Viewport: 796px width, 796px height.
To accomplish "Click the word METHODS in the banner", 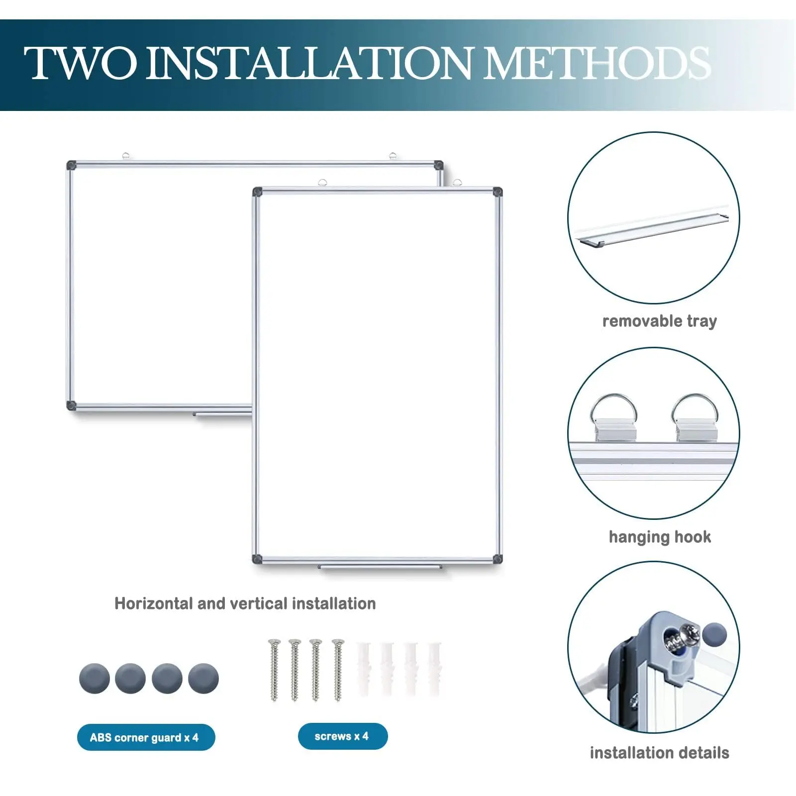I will point(597,63).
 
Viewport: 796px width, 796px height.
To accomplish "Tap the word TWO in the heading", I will point(80,63).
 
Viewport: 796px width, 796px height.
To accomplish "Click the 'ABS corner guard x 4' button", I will point(146,737).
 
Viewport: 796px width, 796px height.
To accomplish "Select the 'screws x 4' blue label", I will point(342,736).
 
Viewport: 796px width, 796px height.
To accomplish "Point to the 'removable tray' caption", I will point(659,321).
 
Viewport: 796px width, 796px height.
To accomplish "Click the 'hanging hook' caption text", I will point(660,537).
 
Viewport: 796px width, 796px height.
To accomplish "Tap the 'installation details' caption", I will point(659,753).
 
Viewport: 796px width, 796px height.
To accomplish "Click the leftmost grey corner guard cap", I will point(95,678).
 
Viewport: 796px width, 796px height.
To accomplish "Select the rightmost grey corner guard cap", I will point(203,678).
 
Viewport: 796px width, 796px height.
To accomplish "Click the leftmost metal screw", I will point(274,669).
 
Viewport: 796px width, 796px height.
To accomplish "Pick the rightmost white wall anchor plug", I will point(434,669).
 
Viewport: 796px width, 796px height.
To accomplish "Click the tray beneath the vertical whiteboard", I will point(380,567).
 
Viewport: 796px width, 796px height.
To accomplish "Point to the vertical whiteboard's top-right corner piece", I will point(497,192).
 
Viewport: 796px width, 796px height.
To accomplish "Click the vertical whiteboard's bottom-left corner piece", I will point(257,559).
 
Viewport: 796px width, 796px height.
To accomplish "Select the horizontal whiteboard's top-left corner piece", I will point(72,165).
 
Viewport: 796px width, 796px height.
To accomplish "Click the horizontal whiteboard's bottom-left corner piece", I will point(72,405).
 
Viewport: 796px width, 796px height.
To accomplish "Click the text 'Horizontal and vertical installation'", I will point(245,603).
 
